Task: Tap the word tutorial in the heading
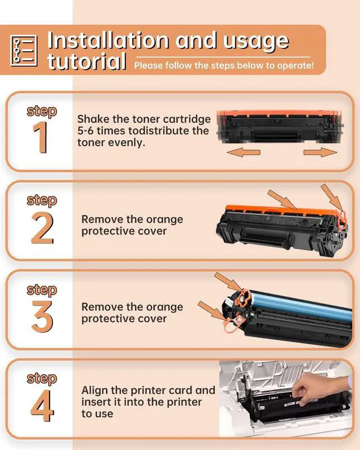click(x=86, y=61)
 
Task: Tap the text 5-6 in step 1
click(x=88, y=131)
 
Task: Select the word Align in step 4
click(x=96, y=390)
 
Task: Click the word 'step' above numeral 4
click(x=42, y=378)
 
